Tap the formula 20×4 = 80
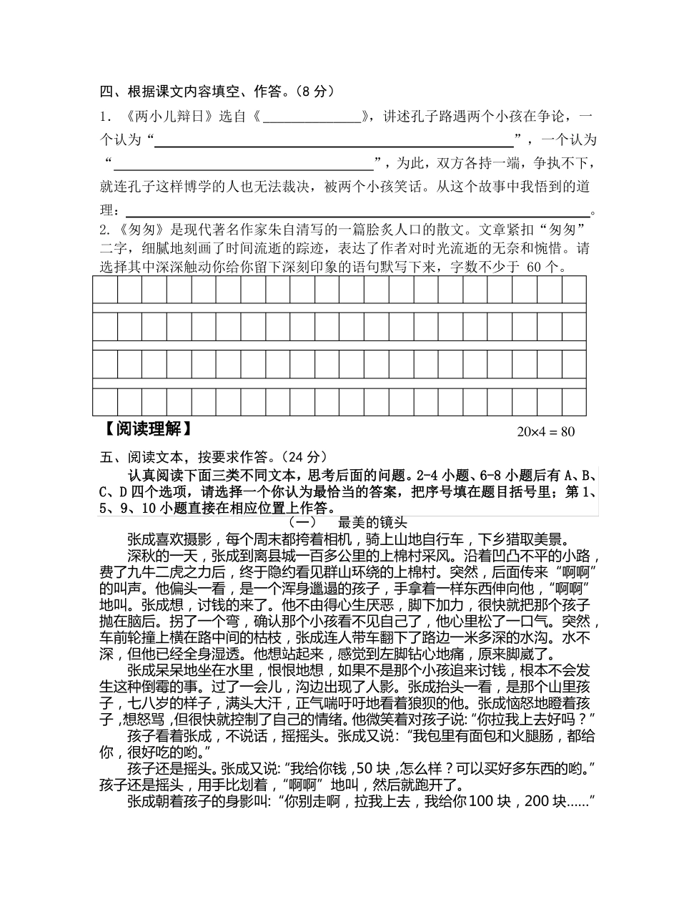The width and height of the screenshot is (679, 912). [545, 432]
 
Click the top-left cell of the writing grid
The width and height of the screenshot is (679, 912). [105, 290]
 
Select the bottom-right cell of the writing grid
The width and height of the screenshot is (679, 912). [574, 402]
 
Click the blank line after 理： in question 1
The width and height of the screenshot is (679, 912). [357, 210]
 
